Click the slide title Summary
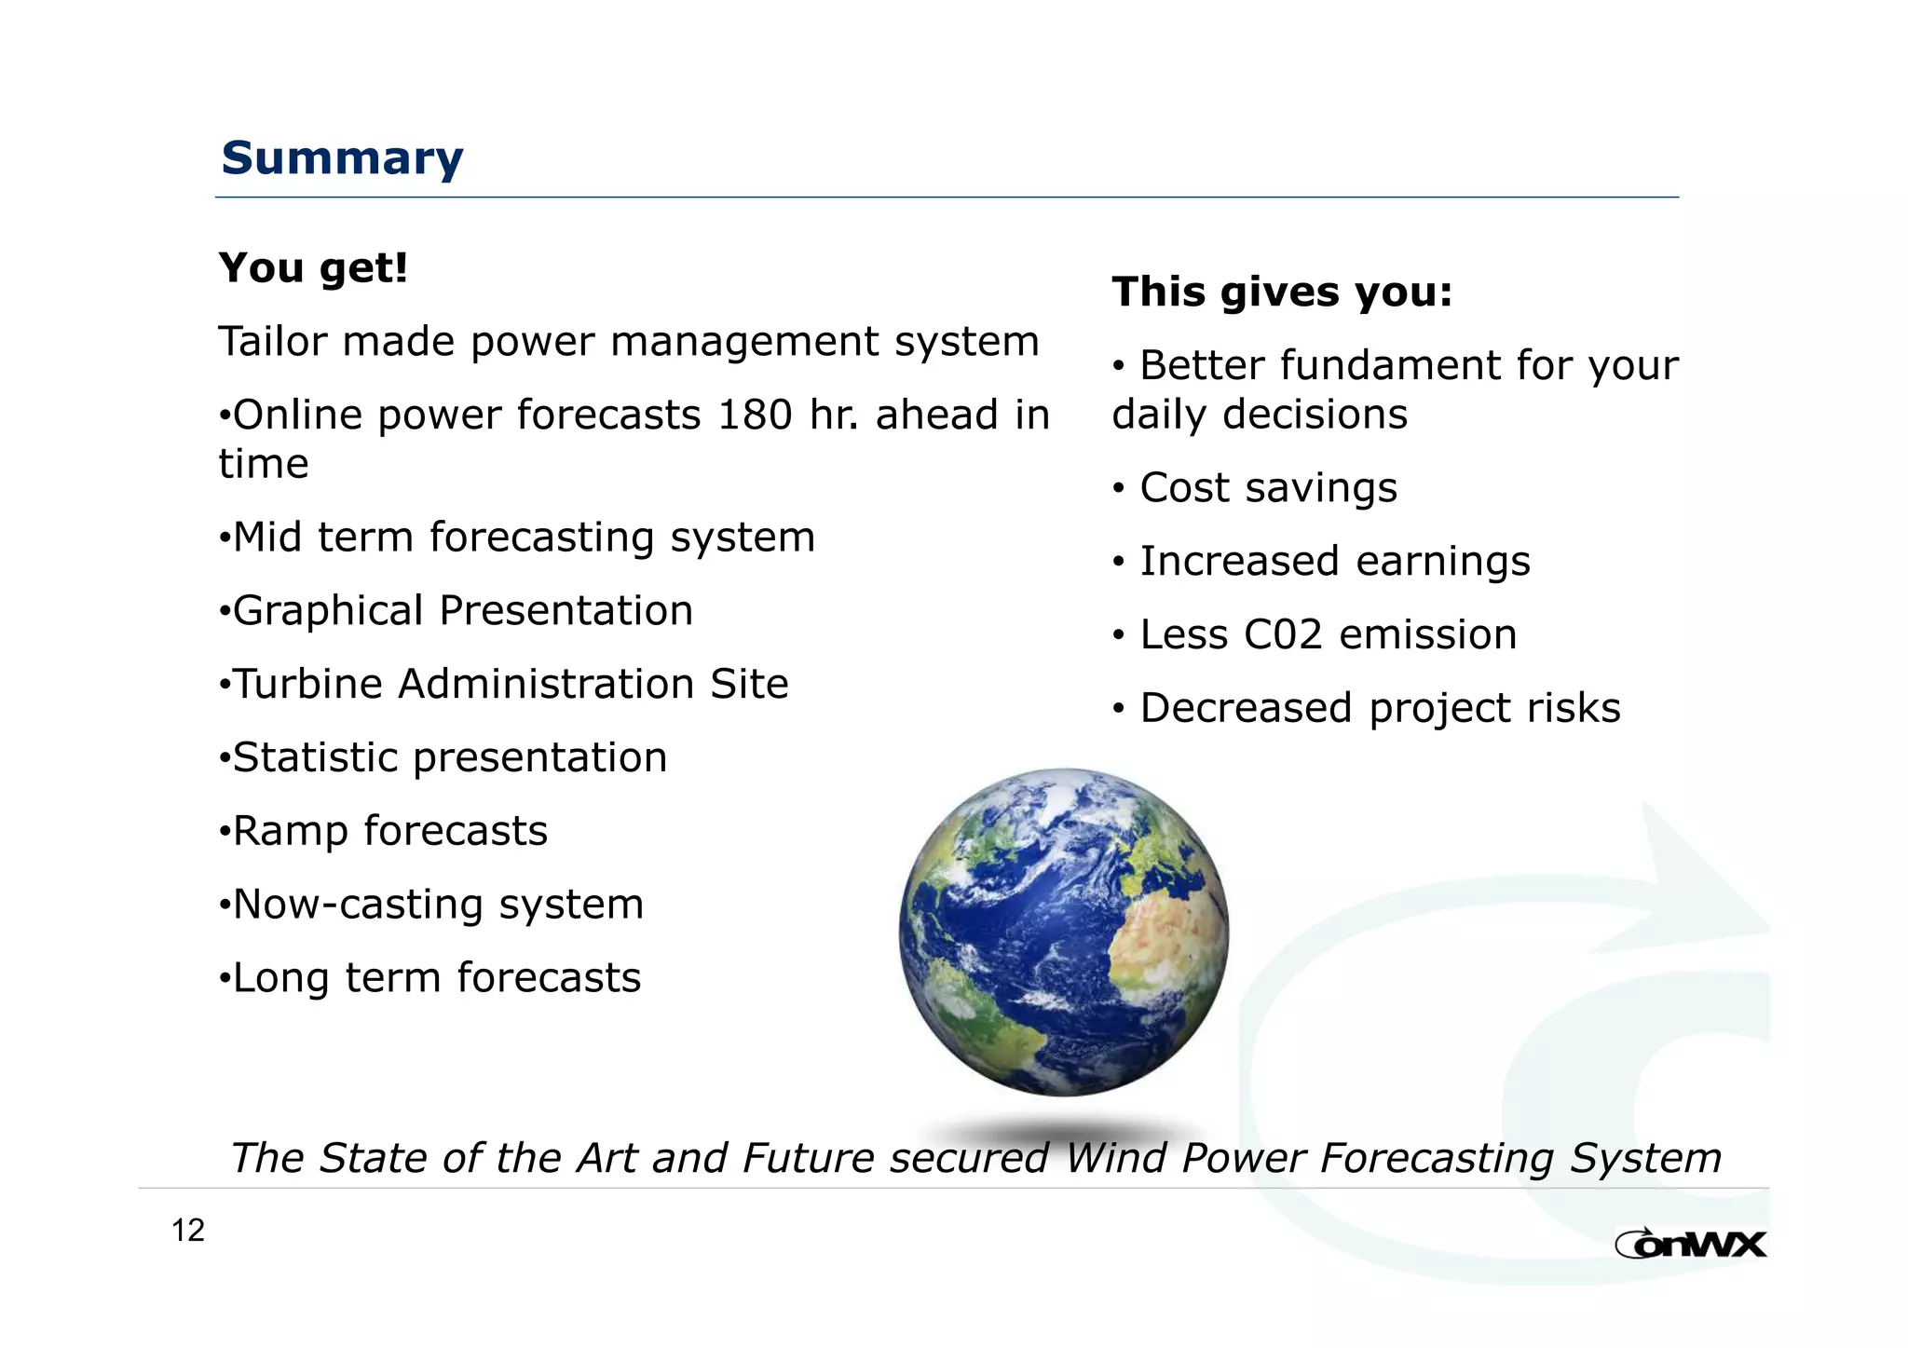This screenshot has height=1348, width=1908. [x=342, y=158]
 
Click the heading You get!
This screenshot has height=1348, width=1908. [x=313, y=268]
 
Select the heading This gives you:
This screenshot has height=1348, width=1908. [x=1282, y=292]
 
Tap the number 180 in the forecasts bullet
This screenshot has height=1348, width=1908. [x=755, y=415]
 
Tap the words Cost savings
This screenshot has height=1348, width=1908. [x=1268, y=488]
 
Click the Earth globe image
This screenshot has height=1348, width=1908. [x=1063, y=932]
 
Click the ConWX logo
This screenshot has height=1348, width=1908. [x=1690, y=1244]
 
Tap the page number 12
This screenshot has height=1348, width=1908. [x=187, y=1231]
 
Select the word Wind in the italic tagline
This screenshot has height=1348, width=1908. [x=1116, y=1159]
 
